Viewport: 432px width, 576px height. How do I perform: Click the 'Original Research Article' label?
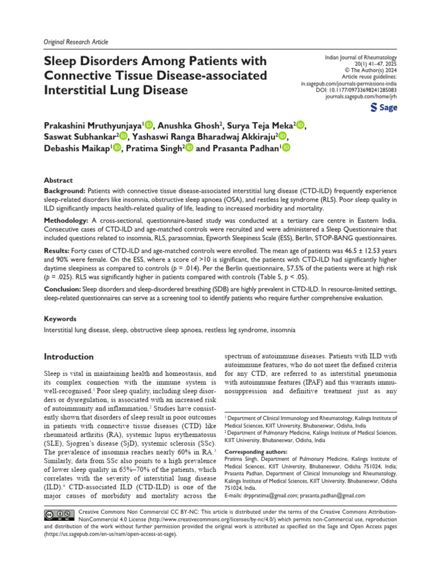coord(75,42)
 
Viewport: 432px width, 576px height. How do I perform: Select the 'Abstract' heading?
coord(58,181)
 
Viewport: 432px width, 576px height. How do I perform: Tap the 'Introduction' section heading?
coord(69,357)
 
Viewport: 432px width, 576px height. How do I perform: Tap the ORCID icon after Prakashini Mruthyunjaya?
coord(150,124)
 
